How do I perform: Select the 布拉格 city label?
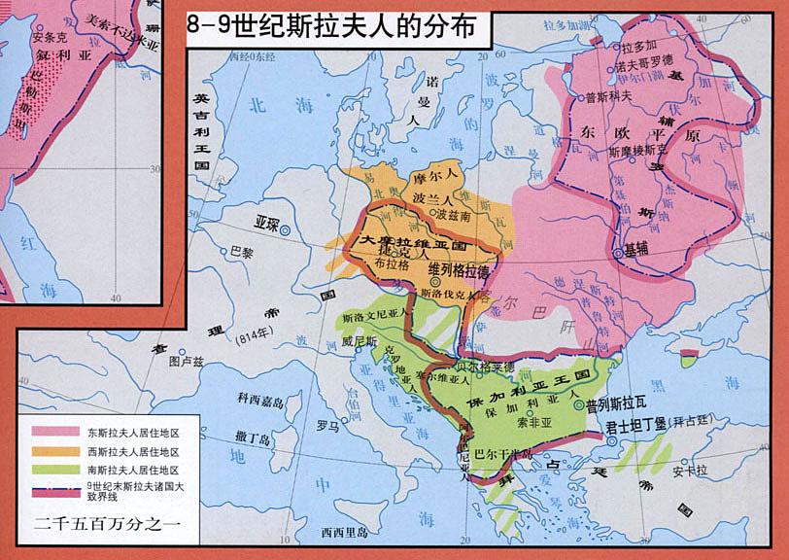click(394, 263)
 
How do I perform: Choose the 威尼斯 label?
click(359, 341)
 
